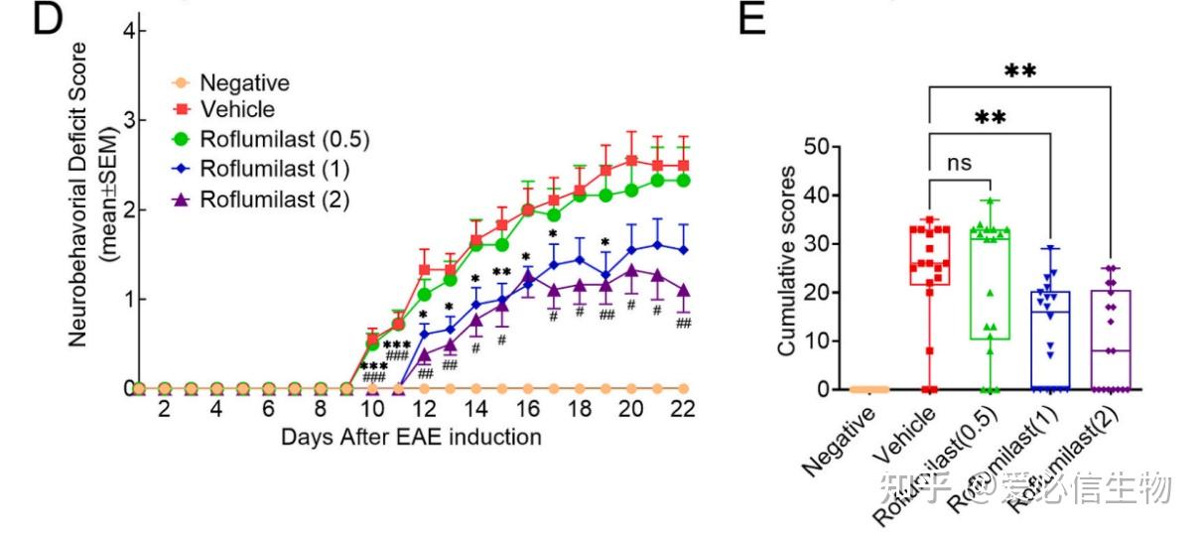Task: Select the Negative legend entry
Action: pyautogui.click(x=244, y=83)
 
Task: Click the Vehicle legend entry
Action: pyautogui.click(x=236, y=109)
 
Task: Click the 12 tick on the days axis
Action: pyautogui.click(x=424, y=409)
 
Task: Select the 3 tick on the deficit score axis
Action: pyautogui.click(x=130, y=120)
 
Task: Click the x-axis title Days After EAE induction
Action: pyautogui.click(x=410, y=437)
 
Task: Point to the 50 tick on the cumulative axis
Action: pyautogui.click(x=816, y=147)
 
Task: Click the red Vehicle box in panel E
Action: pyautogui.click(x=931, y=259)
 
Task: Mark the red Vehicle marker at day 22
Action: pyautogui.click(x=683, y=165)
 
